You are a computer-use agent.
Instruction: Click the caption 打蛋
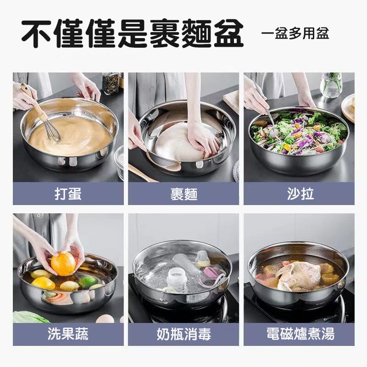pyautogui.click(x=68, y=194)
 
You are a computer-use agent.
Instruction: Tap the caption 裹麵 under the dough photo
pyautogui.click(x=184, y=194)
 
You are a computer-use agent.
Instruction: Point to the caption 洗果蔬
pyautogui.click(x=68, y=334)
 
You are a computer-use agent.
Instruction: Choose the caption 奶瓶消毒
pyautogui.click(x=184, y=334)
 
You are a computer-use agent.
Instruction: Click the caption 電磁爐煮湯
pyautogui.click(x=300, y=334)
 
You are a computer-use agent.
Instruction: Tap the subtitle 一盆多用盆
pyautogui.click(x=295, y=33)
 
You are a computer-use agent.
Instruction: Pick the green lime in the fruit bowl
pyautogui.click(x=88, y=282)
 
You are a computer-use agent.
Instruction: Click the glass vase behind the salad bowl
pyautogui.click(x=331, y=85)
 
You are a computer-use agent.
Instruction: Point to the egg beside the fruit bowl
pyautogui.click(x=105, y=319)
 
